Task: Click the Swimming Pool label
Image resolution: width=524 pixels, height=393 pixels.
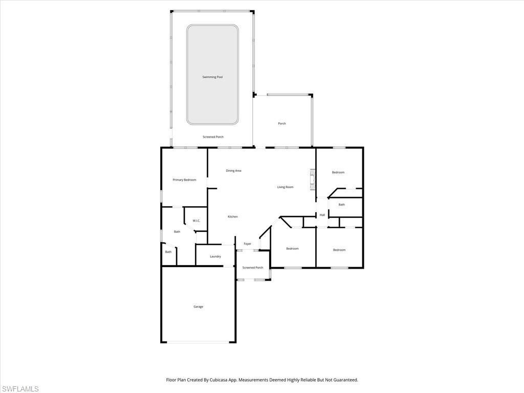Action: tap(212, 77)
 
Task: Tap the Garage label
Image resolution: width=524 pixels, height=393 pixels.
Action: tap(198, 307)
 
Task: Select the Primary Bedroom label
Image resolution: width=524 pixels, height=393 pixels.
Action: tap(184, 180)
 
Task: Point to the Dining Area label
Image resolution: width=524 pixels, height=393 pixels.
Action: tap(233, 171)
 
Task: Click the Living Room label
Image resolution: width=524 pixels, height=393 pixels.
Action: tap(285, 187)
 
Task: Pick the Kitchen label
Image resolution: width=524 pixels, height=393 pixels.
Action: tap(233, 217)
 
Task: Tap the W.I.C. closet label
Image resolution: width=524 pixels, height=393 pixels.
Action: tap(196, 221)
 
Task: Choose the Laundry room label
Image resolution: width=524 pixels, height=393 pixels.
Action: tap(215, 256)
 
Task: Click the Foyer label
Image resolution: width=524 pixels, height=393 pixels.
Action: tap(248, 244)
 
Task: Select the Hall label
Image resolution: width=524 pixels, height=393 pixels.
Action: tap(322, 215)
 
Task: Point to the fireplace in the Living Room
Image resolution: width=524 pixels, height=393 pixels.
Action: tap(311, 180)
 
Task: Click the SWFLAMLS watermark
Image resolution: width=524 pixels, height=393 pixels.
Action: tap(20, 389)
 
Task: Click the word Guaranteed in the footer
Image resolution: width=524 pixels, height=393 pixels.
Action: tap(343, 380)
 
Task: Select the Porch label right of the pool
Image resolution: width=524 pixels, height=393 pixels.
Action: tap(282, 124)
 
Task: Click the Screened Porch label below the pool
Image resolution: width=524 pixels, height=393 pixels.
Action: tap(213, 137)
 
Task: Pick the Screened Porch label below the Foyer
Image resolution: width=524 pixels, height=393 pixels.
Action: tap(253, 268)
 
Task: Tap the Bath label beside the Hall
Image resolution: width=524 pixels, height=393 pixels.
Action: tap(341, 205)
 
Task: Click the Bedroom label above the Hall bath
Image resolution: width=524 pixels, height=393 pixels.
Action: tap(338, 172)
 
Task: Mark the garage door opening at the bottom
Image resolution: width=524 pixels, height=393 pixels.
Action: tap(199, 342)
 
